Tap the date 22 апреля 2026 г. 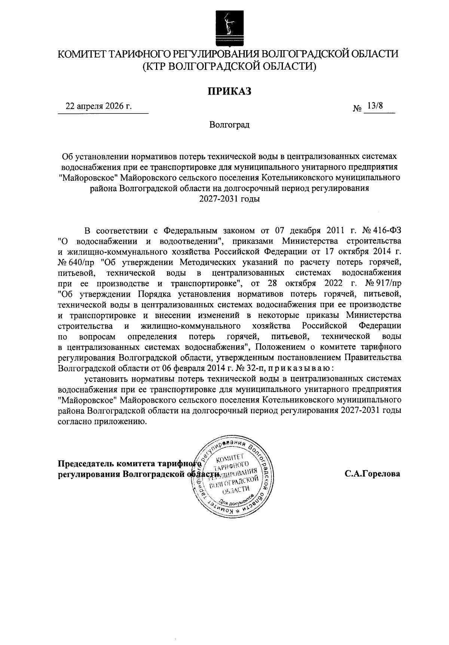click(99, 106)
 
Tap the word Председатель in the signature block click(86, 463)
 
